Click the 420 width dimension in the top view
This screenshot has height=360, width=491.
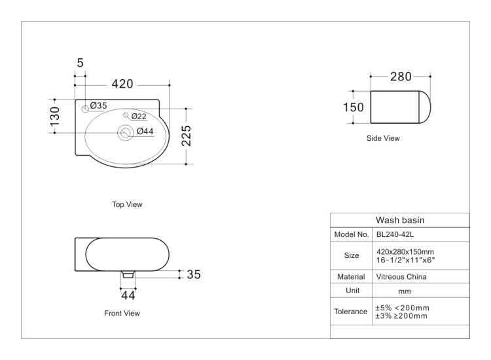[122, 84]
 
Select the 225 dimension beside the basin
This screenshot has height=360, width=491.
[187, 135]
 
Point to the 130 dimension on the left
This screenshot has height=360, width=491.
[55, 116]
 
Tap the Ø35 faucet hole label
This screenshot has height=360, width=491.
[99, 105]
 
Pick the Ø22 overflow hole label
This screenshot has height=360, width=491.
[139, 117]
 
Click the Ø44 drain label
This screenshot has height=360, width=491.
[145, 131]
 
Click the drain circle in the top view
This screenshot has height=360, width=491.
[125, 133]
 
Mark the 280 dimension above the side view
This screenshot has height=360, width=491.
[401, 77]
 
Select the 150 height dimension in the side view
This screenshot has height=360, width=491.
[354, 107]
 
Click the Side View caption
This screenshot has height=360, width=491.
[383, 138]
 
